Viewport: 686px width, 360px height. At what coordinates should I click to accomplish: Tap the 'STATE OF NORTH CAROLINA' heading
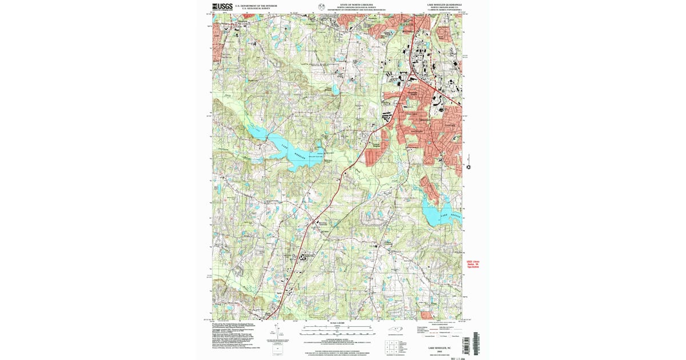[355, 4]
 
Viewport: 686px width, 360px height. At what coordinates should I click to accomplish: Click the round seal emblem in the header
[321, 7]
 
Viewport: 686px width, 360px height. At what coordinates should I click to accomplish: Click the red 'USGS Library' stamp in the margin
[473, 265]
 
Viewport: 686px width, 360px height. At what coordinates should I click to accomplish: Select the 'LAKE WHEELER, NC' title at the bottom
[442, 347]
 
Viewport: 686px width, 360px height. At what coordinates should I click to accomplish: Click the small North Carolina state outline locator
[396, 329]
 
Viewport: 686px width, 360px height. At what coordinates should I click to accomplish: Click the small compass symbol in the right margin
[469, 167]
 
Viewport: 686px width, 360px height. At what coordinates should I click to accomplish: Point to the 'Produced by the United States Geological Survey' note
[234, 324]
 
